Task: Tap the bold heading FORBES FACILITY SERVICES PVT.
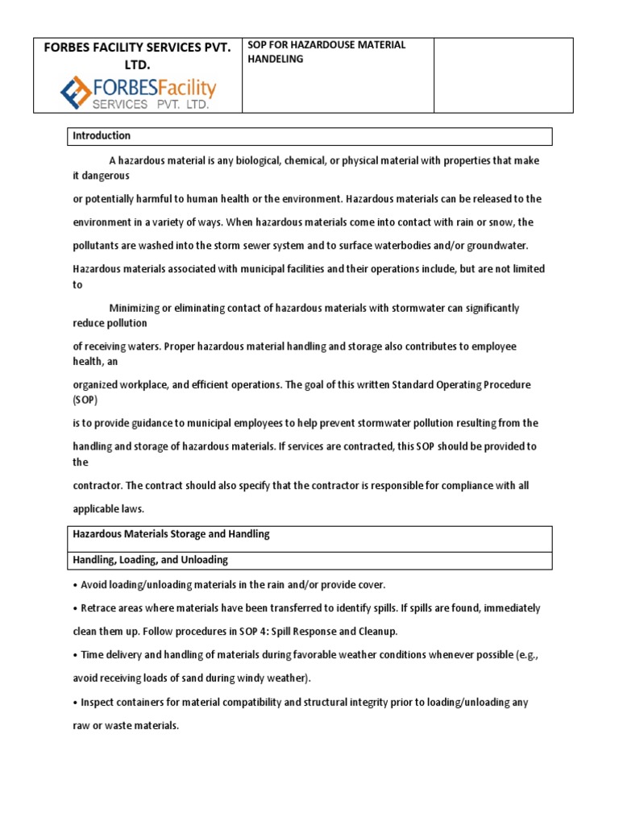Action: (x=138, y=48)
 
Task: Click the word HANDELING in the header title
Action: (x=276, y=60)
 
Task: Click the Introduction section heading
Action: (x=102, y=136)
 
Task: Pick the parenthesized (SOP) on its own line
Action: (x=87, y=400)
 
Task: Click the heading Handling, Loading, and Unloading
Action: (x=150, y=559)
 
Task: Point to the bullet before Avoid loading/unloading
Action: (x=75, y=584)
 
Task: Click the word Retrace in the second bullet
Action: (x=98, y=608)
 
